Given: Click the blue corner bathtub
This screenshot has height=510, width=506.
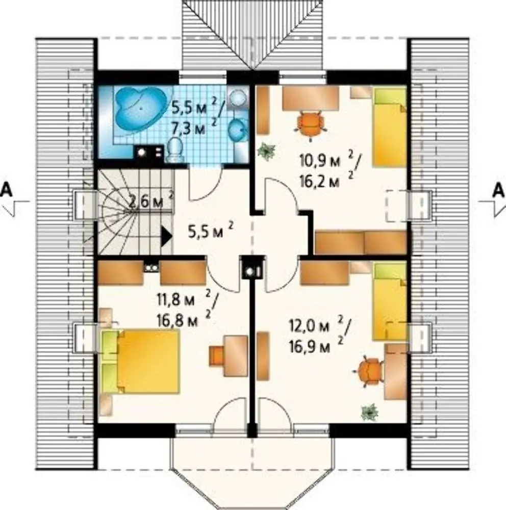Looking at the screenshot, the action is (141, 108).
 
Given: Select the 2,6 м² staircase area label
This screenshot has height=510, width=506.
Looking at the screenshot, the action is (151, 200).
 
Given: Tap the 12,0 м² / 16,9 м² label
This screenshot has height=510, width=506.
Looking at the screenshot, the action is (320, 336).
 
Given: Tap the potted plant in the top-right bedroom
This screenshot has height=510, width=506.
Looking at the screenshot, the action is (266, 151).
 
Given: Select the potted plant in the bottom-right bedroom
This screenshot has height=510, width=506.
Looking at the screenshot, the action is (370, 412).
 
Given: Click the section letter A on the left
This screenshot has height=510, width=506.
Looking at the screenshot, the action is (7, 190).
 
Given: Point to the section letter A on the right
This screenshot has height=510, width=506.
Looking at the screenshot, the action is (499, 190).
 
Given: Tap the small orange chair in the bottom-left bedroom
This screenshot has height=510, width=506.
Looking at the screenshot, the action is (217, 355).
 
